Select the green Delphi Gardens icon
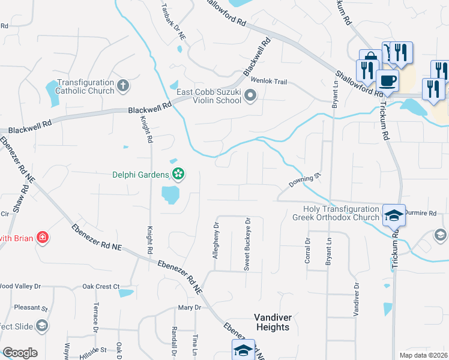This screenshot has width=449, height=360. (178, 175)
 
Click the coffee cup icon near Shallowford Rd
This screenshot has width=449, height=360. (388, 80)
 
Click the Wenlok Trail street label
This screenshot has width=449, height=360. (269, 80)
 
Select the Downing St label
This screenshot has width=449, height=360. (305, 180)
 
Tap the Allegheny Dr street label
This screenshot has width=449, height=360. (215, 241)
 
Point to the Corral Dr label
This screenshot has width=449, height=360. (307, 248)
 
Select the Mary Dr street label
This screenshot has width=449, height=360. (188, 307)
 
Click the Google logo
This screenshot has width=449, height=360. (20, 353)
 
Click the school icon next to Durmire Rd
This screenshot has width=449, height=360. (394, 215)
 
